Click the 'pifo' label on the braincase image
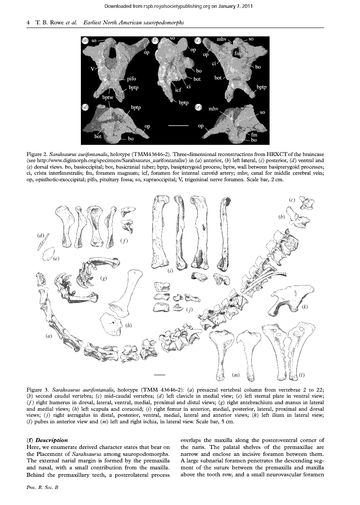click(x=131, y=79)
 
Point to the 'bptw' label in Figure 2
click(x=107, y=98)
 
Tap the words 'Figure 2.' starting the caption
click(x=37, y=154)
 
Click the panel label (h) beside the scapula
click(x=129, y=325)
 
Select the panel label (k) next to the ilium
click(x=304, y=307)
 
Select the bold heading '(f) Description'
click(x=47, y=440)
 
